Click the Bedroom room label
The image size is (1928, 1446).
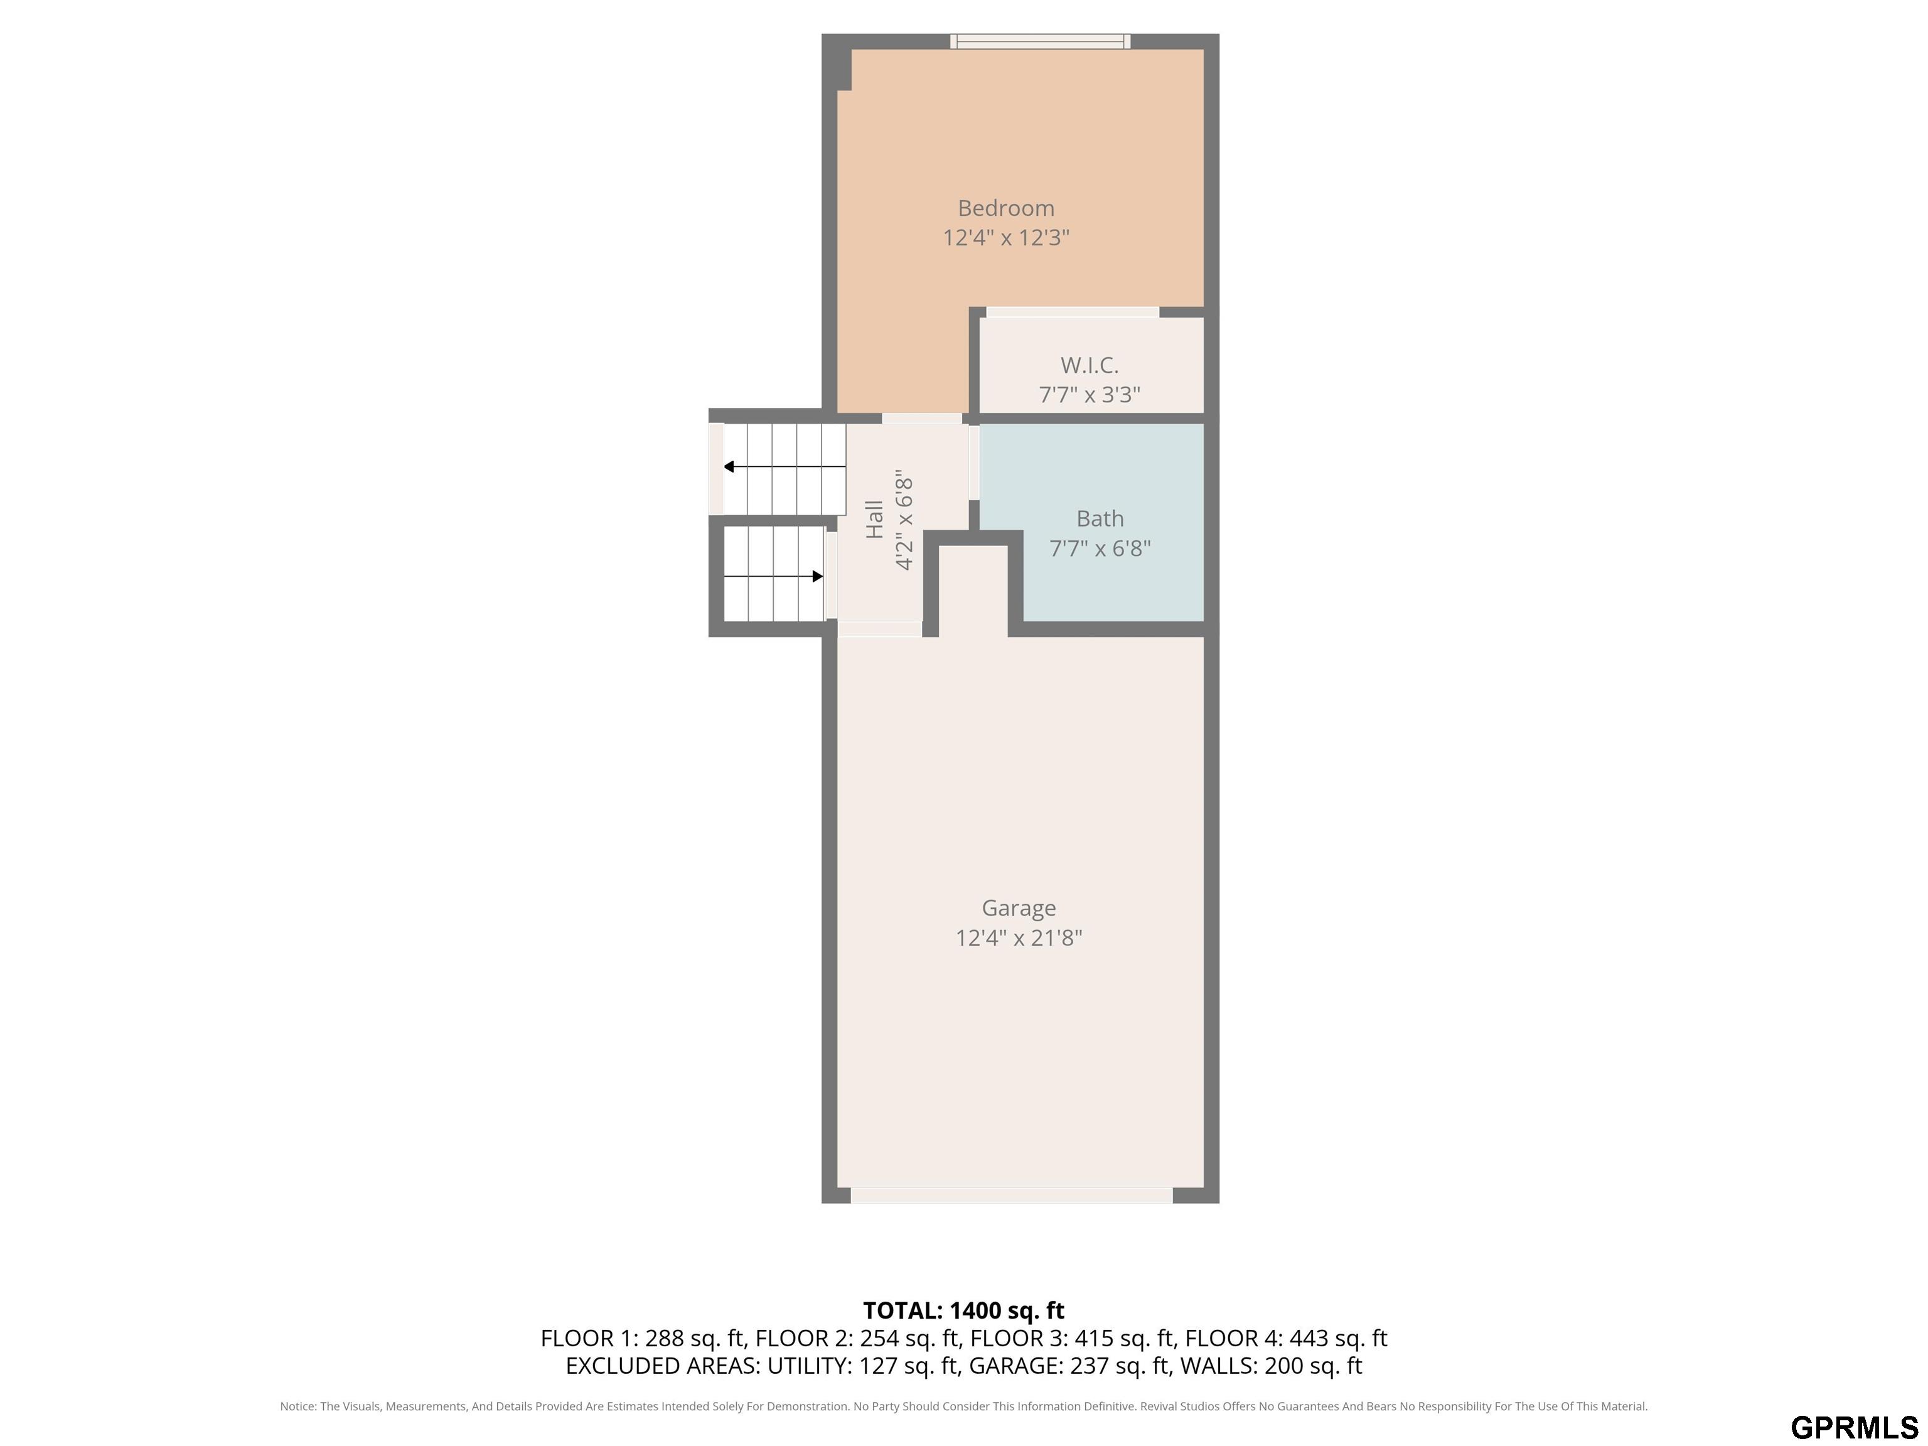(1006, 208)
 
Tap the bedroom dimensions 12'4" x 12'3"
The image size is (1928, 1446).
(1006, 238)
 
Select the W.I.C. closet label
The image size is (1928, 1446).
(1090, 365)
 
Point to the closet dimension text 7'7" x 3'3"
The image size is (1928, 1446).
(1090, 395)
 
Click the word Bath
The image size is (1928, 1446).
(1100, 518)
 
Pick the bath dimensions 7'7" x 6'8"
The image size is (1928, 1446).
(1100, 549)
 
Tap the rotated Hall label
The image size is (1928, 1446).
(874, 520)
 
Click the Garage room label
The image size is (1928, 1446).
(1019, 908)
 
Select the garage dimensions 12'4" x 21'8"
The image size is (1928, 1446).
(1019, 938)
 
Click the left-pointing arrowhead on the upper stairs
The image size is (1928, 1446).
(729, 467)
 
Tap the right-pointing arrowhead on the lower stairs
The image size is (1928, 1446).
(818, 576)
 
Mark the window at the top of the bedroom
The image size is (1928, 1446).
(1040, 41)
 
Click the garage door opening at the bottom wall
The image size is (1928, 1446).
(1012, 1195)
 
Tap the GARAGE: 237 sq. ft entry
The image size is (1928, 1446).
(1069, 1366)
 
